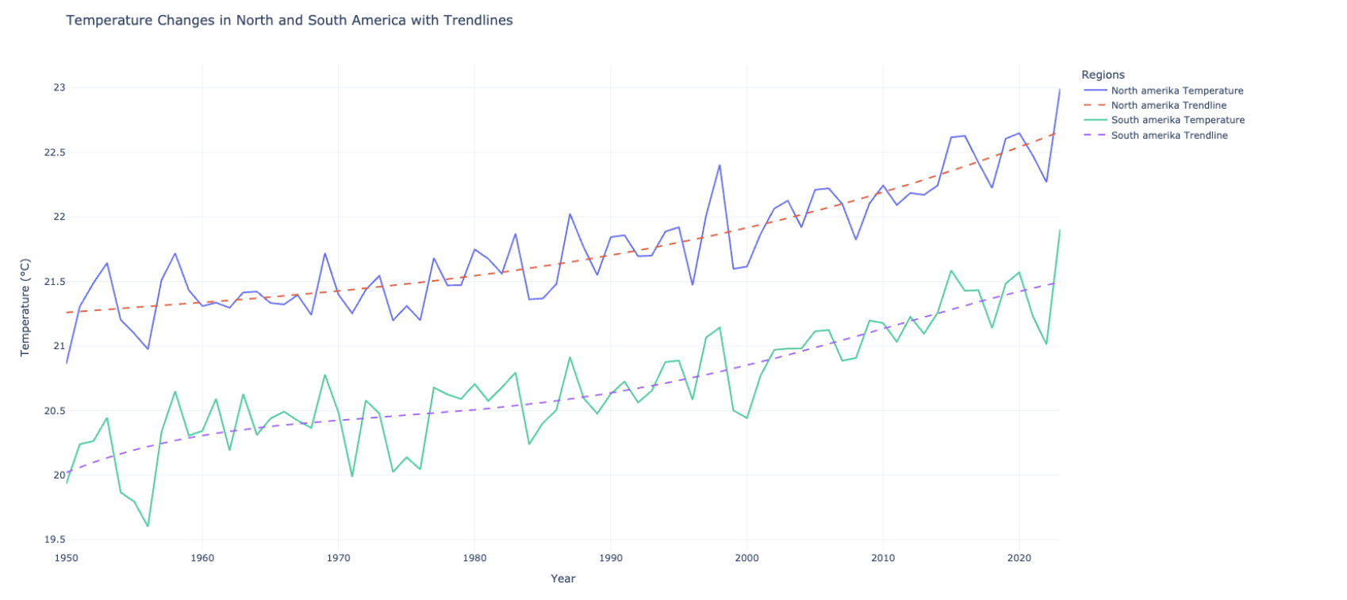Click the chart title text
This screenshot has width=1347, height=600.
290,21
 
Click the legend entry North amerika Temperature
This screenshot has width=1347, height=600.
1176,90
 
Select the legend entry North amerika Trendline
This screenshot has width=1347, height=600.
1169,106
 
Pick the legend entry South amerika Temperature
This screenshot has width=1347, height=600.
1177,120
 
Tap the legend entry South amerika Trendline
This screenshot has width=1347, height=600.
1169,136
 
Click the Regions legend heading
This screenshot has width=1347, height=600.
1103,75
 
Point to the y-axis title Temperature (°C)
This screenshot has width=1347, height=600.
25,307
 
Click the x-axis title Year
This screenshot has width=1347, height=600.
563,579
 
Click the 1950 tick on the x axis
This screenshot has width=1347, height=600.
67,558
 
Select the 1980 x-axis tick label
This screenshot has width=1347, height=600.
474,558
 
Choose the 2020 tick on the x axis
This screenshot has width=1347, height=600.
1019,558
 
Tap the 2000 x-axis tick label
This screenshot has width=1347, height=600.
746,558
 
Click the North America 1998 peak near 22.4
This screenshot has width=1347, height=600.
720,165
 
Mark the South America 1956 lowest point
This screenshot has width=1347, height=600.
148,526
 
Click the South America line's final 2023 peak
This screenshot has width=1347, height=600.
1059,230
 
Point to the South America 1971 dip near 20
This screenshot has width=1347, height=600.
352,476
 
